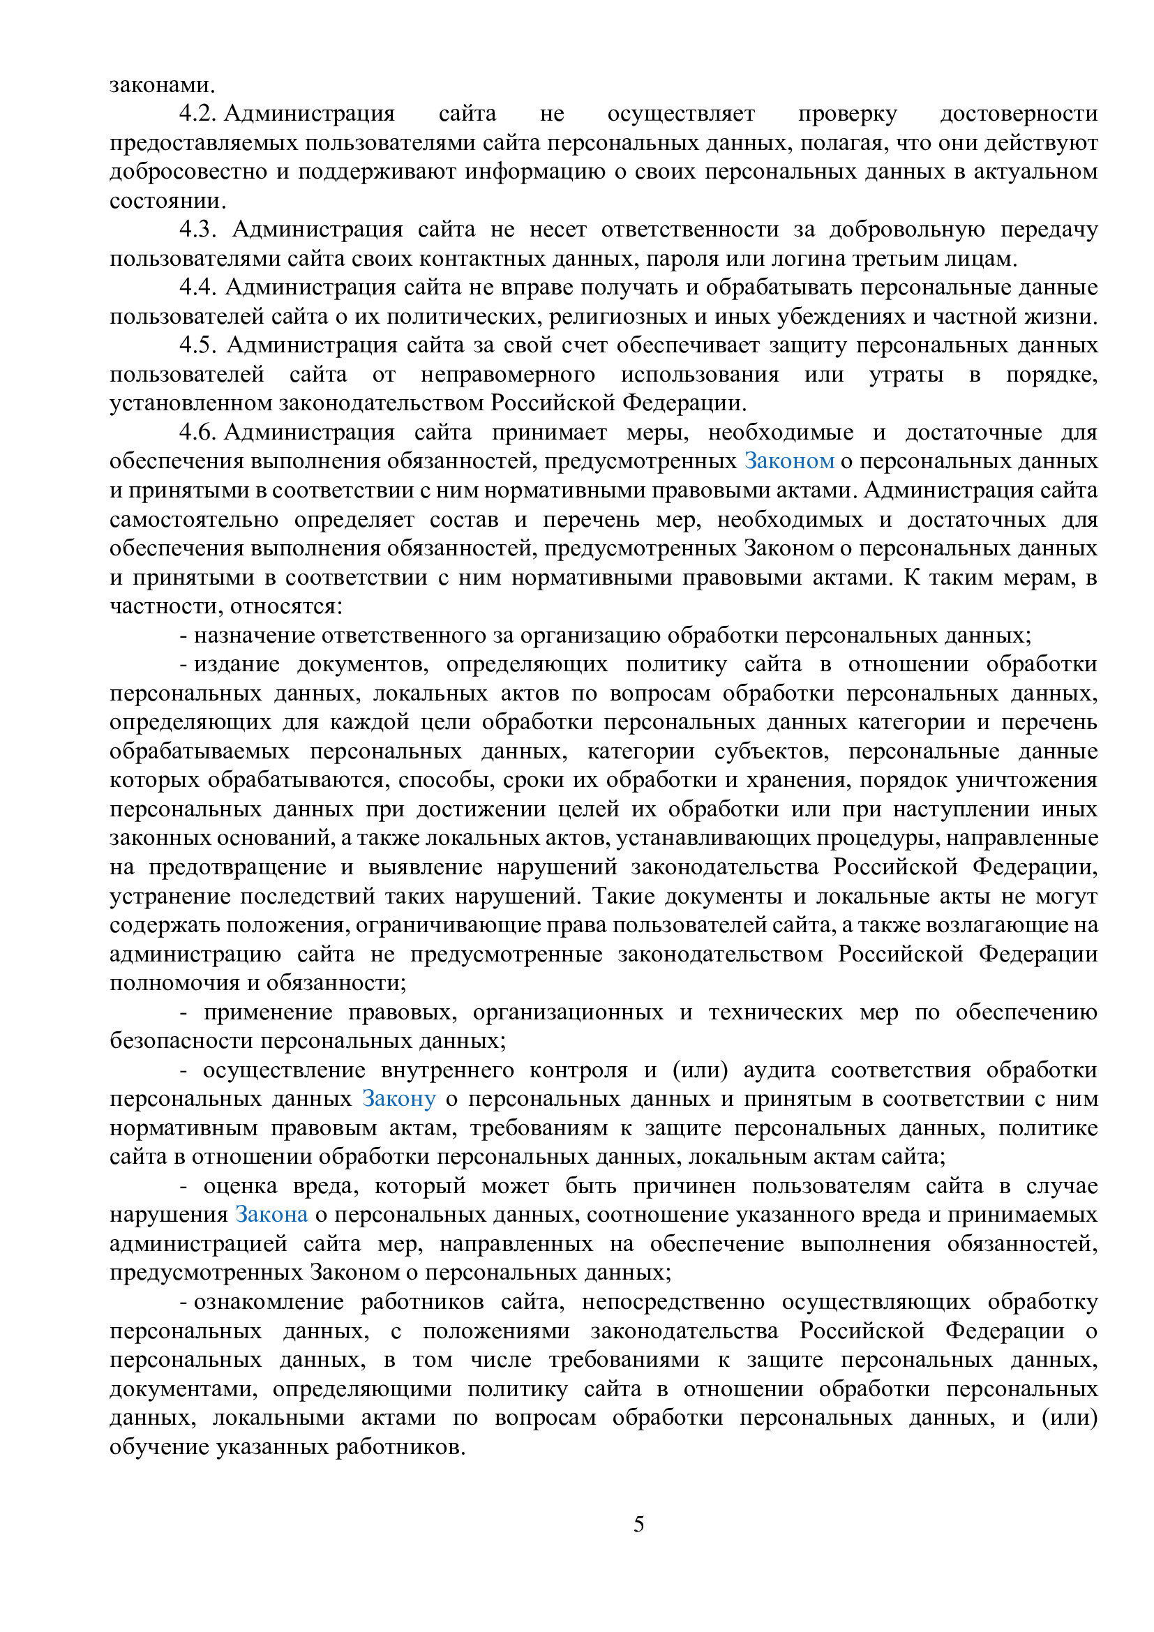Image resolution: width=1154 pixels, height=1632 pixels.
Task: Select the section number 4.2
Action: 197,114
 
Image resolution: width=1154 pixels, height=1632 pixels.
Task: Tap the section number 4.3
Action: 197,230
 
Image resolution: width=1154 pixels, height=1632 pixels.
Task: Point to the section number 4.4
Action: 197,287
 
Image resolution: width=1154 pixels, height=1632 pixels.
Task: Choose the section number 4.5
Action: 197,345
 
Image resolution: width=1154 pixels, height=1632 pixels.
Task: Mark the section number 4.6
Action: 197,432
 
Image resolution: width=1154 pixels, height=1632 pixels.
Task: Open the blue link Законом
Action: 789,461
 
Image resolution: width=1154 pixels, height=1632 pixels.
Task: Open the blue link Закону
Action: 398,1099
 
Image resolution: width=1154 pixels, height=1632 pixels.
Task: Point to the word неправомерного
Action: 507,375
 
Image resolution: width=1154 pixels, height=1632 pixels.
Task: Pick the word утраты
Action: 906,375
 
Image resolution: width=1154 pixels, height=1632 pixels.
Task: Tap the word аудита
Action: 779,1070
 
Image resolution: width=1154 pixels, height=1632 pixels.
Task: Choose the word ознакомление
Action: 269,1301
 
